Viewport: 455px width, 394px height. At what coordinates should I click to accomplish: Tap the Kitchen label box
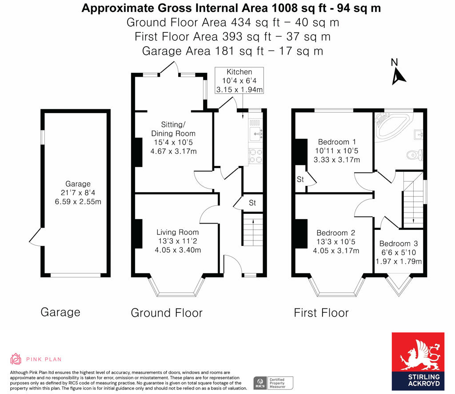pyautogui.click(x=239, y=81)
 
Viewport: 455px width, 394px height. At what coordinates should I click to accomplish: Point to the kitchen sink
pyautogui.click(x=256, y=132)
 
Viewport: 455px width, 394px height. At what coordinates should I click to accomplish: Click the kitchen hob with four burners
pyautogui.click(x=256, y=156)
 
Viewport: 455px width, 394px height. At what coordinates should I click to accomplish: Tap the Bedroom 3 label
pyautogui.click(x=399, y=244)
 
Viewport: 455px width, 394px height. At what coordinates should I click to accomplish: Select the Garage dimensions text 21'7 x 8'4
pyautogui.click(x=78, y=193)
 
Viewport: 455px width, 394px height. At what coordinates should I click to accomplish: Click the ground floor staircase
pyautogui.click(x=253, y=229)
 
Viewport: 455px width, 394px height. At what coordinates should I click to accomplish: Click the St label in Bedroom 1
pyautogui.click(x=300, y=180)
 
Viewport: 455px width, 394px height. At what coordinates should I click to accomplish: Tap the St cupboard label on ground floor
pyautogui.click(x=252, y=203)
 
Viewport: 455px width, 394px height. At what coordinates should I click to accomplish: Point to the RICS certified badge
pyautogui.click(x=274, y=382)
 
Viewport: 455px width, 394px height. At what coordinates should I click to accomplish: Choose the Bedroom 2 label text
pyautogui.click(x=335, y=233)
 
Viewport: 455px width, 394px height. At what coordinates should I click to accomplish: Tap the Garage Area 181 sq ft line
pyautogui.click(x=232, y=51)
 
